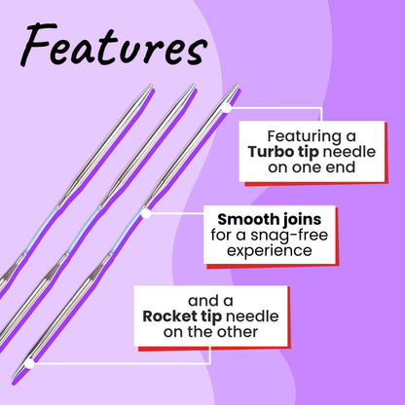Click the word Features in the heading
pyautogui.click(x=114, y=45)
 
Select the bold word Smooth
pyautogui.click(x=246, y=219)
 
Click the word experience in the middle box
pyautogui.click(x=270, y=251)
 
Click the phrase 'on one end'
pyautogui.click(x=312, y=167)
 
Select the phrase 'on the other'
pyautogui.click(x=210, y=332)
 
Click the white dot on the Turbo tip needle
pyautogui.click(x=227, y=108)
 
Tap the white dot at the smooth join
pyautogui.click(x=146, y=213)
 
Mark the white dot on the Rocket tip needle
pyautogui.click(x=29, y=364)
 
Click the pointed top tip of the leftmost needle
pyautogui.click(x=152, y=85)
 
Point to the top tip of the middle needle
pyautogui.click(x=195, y=85)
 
